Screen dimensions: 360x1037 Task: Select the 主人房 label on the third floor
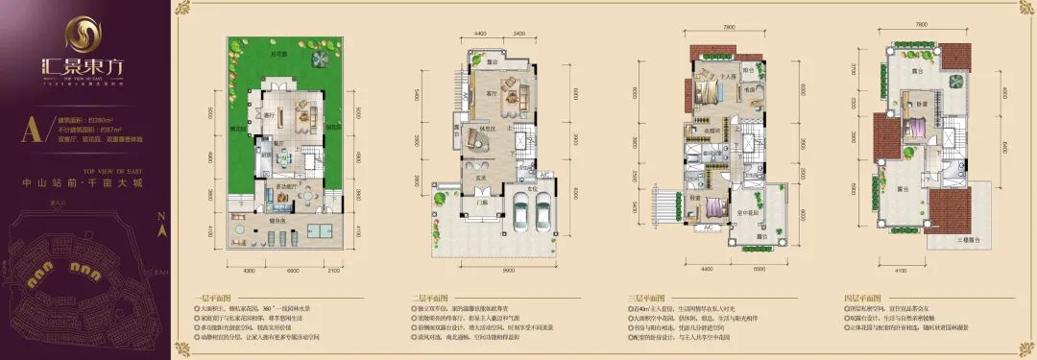pos(727,74)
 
